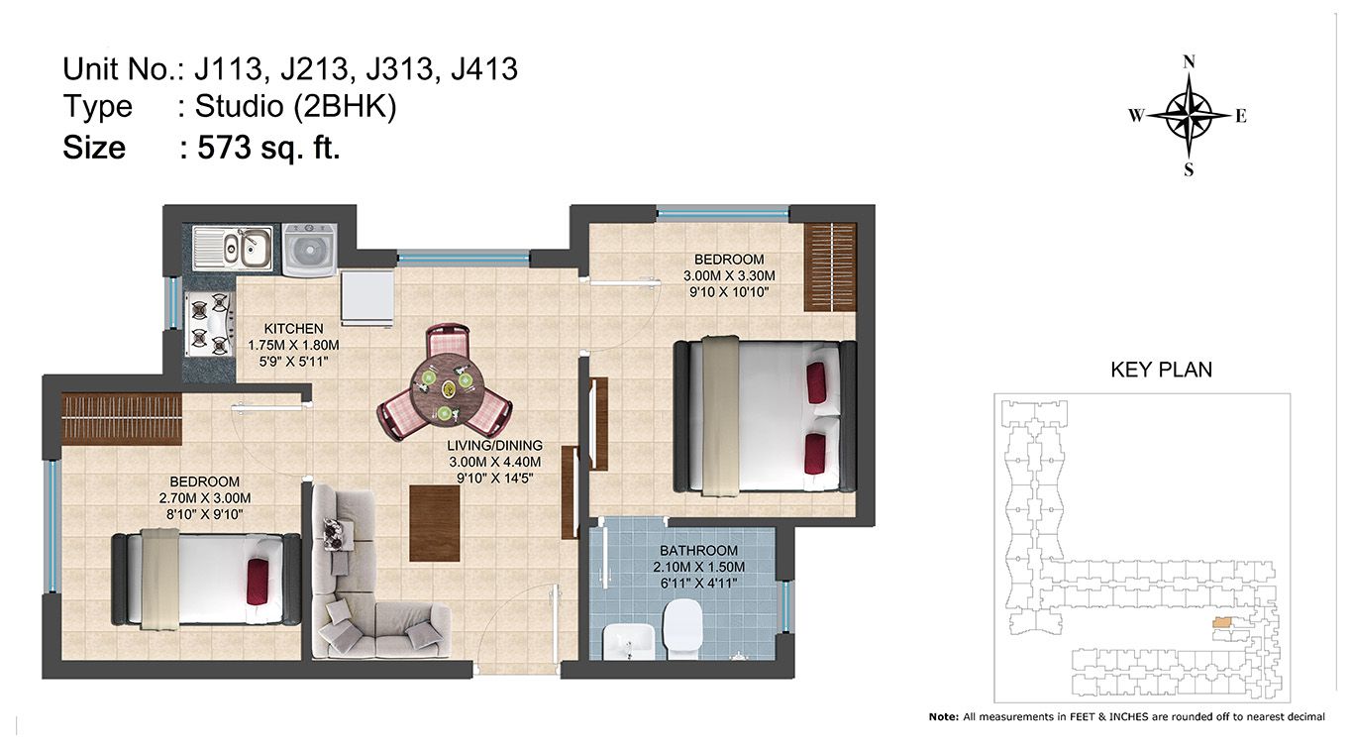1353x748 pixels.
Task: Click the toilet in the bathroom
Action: point(681,629)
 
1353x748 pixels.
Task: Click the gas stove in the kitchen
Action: point(210,324)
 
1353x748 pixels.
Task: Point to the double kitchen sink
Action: point(233,248)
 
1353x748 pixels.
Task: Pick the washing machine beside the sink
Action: point(310,250)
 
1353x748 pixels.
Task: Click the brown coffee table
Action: point(434,523)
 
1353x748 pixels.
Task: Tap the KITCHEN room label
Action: point(293,329)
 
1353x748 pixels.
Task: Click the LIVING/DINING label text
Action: point(494,446)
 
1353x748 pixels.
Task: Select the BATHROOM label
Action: point(698,551)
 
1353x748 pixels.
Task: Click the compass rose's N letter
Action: point(1189,62)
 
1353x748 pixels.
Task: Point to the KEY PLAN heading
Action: point(1162,370)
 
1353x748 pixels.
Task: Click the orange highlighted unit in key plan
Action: point(1222,622)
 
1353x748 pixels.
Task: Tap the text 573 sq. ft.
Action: point(268,148)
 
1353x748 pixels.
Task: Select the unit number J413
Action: point(484,69)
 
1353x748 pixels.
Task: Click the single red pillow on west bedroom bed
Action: point(258,582)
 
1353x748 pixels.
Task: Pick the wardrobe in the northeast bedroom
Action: point(830,267)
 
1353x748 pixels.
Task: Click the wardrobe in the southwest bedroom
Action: point(122,419)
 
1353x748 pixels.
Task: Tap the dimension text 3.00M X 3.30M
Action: point(729,276)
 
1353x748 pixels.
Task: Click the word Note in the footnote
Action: point(942,717)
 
